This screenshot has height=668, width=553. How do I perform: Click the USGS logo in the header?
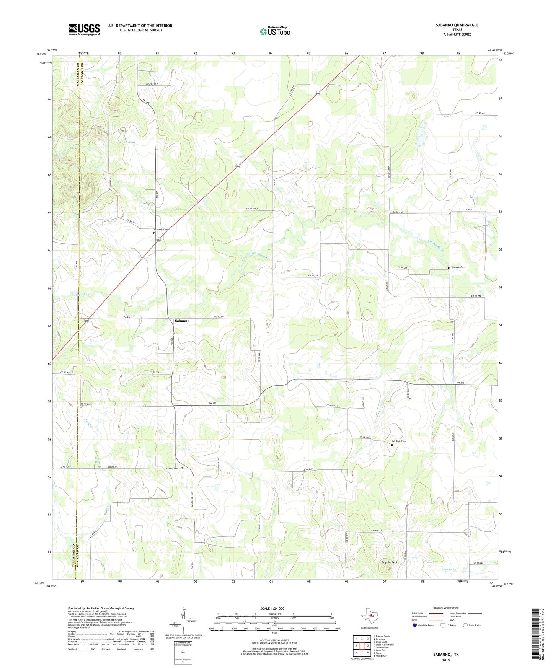click(x=84, y=29)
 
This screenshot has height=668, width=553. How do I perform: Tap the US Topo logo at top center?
click(x=275, y=31)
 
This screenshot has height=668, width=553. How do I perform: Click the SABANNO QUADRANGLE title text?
click(x=457, y=25)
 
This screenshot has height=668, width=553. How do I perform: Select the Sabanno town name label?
click(x=182, y=321)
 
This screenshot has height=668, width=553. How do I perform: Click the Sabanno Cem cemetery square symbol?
click(x=154, y=233)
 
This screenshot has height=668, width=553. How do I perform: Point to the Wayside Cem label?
click(x=458, y=267)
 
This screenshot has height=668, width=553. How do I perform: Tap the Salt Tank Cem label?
click(x=398, y=441)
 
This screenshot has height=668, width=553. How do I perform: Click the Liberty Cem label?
click(x=172, y=468)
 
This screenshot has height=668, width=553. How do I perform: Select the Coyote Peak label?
click(x=390, y=562)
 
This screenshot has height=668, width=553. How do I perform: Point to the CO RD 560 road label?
click(x=365, y=437)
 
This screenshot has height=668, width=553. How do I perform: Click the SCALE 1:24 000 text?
click(x=272, y=608)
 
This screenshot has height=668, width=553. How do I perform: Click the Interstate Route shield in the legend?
click(x=414, y=625)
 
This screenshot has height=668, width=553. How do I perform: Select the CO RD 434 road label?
click(x=65, y=373)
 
